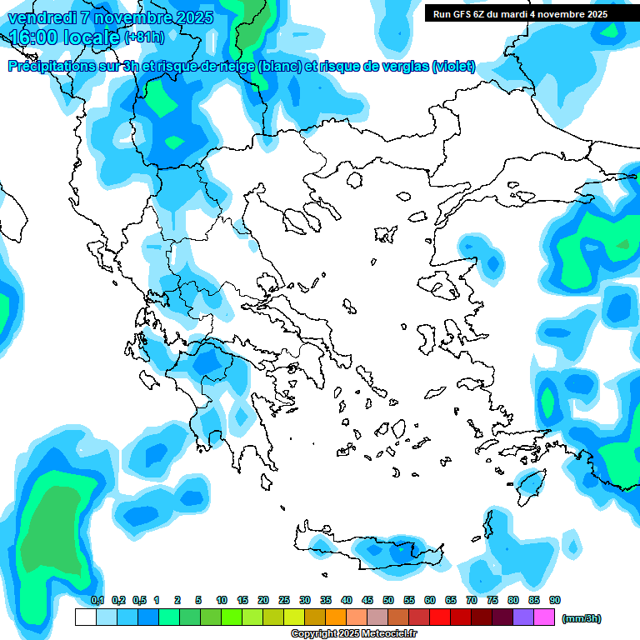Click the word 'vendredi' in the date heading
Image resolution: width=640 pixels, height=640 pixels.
click(42, 17)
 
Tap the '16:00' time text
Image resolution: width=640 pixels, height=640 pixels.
click(37, 37)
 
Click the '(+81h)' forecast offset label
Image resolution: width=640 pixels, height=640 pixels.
click(143, 37)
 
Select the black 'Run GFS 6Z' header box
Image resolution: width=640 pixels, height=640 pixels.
click(520, 13)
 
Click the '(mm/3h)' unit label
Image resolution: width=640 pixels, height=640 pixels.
click(581, 618)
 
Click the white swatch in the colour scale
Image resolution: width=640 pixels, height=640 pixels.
click(85, 617)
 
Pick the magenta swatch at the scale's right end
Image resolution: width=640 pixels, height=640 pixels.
click(544, 617)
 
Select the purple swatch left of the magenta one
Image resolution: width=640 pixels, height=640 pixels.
click(523, 617)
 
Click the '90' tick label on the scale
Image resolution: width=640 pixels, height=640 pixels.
click(555, 600)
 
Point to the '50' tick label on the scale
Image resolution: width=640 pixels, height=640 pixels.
click(388, 600)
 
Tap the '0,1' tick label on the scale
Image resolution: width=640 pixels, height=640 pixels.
click(97, 600)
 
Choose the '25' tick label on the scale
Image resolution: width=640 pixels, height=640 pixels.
click(284, 600)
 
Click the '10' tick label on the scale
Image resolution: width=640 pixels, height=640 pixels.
click(222, 600)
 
